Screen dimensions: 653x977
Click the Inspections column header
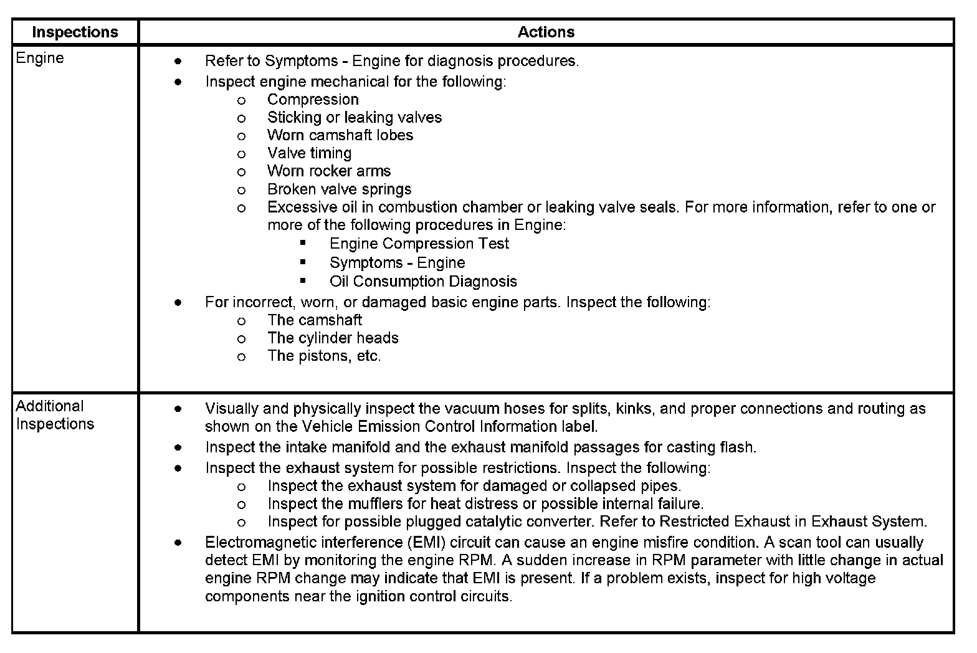tap(75, 32)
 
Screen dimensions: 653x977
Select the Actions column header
tap(546, 32)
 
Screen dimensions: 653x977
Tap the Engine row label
tap(40, 58)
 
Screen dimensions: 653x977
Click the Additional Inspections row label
tap(55, 415)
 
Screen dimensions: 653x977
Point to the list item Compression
tap(313, 100)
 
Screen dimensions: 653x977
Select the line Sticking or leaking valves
tap(354, 118)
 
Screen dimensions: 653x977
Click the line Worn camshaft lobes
tap(340, 135)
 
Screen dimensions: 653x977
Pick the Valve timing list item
tap(309, 153)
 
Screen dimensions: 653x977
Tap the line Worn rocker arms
tap(329, 171)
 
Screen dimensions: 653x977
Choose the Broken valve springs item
tap(339, 189)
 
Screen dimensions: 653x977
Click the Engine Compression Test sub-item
tap(419, 244)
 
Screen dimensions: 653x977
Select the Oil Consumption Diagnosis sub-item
tap(423, 282)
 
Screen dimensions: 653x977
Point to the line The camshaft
tap(314, 320)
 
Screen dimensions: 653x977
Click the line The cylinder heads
tap(333, 338)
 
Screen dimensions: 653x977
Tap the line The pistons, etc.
tap(324, 356)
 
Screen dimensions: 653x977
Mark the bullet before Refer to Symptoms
tap(178, 61)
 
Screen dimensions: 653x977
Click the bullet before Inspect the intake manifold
tap(178, 447)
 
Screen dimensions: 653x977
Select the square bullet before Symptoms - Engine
tap(303, 262)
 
